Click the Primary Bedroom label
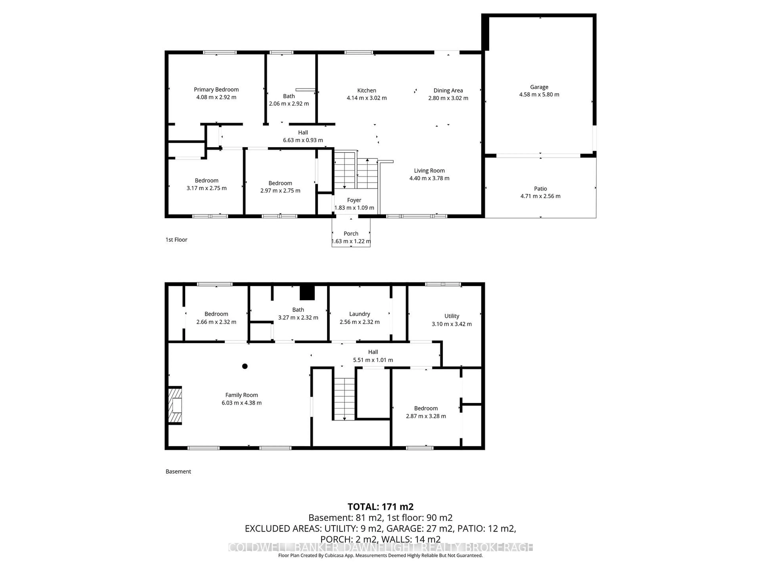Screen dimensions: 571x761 click(216, 89)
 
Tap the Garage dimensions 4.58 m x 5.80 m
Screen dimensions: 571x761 click(539, 95)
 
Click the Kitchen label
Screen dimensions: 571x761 click(366, 91)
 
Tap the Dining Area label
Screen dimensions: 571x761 click(448, 91)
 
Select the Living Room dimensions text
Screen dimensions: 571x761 click(429, 178)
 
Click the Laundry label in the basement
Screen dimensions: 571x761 click(359, 314)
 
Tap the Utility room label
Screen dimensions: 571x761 click(451, 316)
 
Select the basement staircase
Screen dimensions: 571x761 click(344, 399)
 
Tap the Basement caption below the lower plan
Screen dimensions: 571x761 click(178, 471)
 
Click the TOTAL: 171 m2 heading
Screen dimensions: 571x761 click(380, 507)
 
